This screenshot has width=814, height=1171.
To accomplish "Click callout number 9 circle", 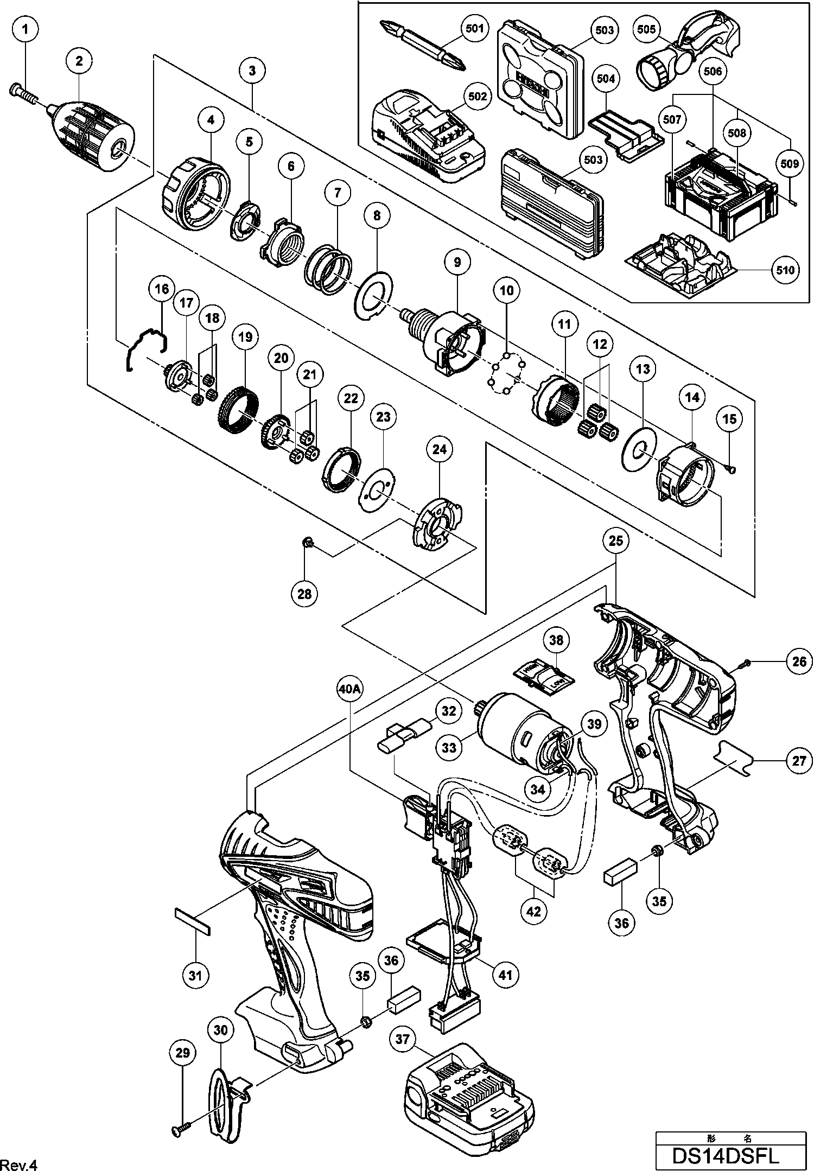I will pyautogui.click(x=457, y=263).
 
